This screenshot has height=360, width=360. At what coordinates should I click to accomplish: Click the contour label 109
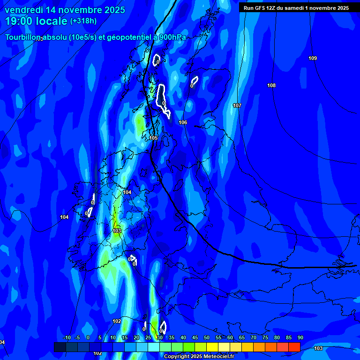(313, 58)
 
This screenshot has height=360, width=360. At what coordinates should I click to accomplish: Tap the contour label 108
(271, 85)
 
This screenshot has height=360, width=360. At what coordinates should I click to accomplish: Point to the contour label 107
(237, 105)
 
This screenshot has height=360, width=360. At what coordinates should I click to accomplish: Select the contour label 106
(183, 122)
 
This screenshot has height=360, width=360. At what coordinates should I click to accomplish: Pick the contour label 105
(153, 138)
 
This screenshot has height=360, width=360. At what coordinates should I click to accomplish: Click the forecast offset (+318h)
(84, 21)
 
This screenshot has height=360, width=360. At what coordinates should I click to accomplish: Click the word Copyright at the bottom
(177, 357)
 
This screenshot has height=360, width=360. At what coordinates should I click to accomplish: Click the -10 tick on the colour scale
(67, 337)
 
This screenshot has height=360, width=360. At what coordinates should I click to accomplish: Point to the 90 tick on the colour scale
(300, 337)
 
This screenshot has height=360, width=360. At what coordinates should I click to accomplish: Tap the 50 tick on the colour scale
(207, 337)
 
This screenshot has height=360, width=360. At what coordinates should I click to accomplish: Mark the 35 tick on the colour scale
(172, 337)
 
